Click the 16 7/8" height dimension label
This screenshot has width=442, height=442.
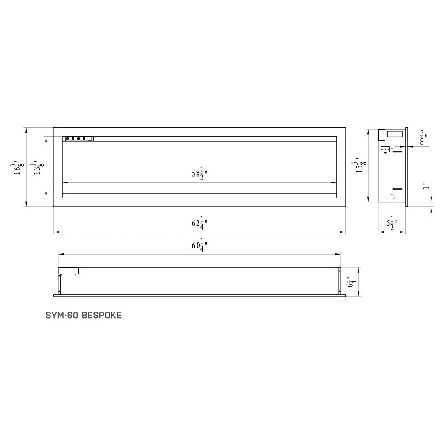coord(18,168)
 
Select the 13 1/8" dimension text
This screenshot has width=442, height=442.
coord(39,168)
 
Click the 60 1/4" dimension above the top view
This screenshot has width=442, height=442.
coord(200,247)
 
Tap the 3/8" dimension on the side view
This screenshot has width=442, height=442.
coord(423,137)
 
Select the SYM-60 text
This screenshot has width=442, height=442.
coord(62,316)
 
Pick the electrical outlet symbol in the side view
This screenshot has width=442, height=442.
coord(385,150)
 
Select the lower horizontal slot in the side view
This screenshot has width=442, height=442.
coord(397,189)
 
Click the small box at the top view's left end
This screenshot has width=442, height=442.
coord(69,270)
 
